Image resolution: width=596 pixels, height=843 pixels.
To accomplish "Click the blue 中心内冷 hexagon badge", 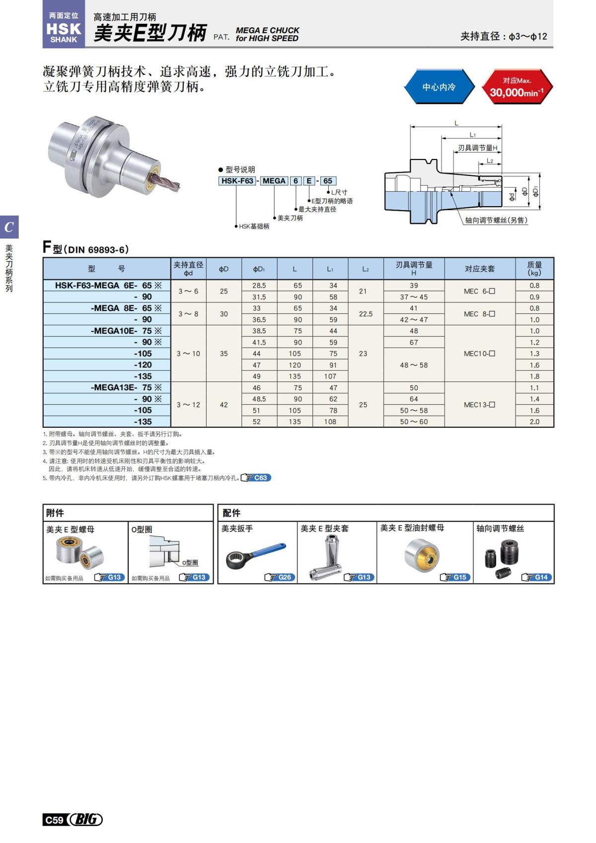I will (439, 87).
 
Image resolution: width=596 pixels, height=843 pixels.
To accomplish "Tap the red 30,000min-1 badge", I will (517, 87).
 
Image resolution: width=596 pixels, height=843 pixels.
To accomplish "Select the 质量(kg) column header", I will (534, 269).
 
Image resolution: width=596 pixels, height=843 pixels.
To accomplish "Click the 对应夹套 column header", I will (479, 269).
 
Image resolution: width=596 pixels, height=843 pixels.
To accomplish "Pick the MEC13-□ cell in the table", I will (479, 405).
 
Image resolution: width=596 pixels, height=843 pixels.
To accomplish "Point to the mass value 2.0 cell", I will (534, 422).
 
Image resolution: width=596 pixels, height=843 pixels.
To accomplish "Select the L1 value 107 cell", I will (330, 377).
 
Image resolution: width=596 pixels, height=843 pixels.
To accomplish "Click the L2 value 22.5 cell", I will (366, 314).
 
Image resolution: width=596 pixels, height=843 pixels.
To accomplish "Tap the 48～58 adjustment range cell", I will (414, 365).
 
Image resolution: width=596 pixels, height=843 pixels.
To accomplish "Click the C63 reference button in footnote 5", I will (256, 478).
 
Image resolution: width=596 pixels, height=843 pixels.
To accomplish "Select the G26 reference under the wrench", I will (281, 577).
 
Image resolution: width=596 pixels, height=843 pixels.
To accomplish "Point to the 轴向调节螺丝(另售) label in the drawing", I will (496, 220).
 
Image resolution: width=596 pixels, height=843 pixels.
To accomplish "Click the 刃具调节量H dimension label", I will (477, 148).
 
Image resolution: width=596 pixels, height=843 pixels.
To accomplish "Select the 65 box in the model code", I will (328, 181).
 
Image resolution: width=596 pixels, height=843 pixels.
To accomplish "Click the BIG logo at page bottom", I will (85, 820).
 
